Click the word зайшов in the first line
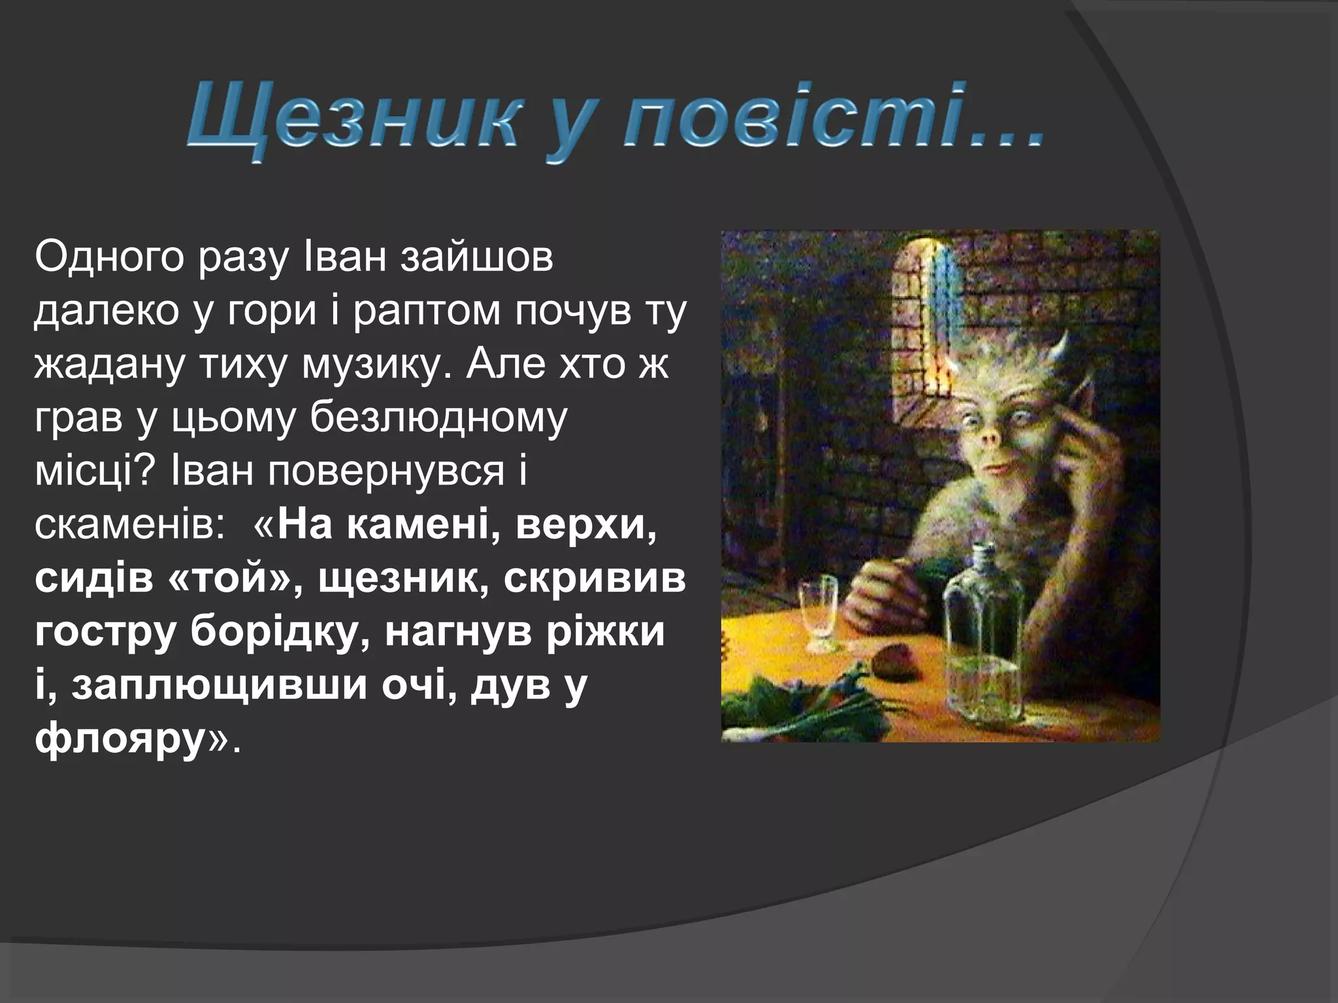tap(476, 257)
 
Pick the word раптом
tap(428, 312)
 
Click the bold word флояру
tap(120, 739)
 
